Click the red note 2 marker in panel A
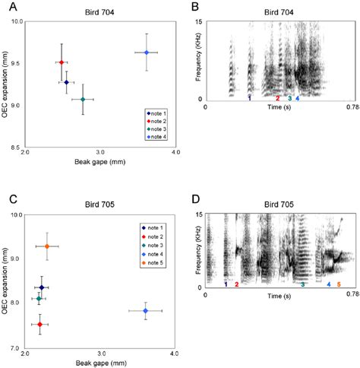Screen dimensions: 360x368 pyautogui.click(x=62, y=62)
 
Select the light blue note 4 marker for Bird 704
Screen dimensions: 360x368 pyautogui.click(x=147, y=52)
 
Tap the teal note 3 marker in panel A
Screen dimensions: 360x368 pyautogui.click(x=83, y=100)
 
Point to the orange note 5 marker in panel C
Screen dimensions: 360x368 pyautogui.click(x=47, y=246)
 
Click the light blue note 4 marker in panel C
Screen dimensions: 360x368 pyautogui.click(x=145, y=311)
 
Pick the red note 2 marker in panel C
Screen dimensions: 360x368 pyautogui.click(x=39, y=324)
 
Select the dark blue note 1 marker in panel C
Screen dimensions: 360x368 pyautogui.click(x=42, y=287)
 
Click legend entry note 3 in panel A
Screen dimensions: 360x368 pyautogui.click(x=156, y=129)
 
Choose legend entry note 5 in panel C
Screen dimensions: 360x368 pyautogui.click(x=153, y=263)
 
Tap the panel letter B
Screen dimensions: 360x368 pyautogui.click(x=195, y=7)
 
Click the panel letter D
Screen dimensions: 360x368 pyautogui.click(x=195, y=199)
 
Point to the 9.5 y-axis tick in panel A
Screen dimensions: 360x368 pyautogui.click(x=17, y=63)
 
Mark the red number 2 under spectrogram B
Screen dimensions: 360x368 pyautogui.click(x=278, y=98)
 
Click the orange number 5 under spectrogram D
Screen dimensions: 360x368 pyautogui.click(x=339, y=284)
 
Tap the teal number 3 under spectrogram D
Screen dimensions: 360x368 pyautogui.click(x=303, y=284)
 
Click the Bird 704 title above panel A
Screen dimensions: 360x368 pyautogui.click(x=99, y=12)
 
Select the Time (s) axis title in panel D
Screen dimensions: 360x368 pyautogui.click(x=279, y=296)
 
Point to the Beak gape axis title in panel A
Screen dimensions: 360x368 pyautogui.click(x=100, y=162)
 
